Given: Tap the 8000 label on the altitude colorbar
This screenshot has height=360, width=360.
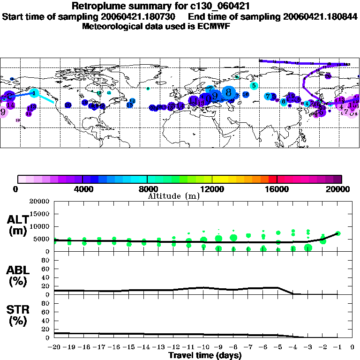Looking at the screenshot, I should click(147, 189).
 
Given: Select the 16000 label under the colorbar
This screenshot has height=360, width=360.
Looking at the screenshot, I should click(277, 189).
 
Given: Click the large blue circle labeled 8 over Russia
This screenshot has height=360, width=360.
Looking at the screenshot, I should click(229, 92).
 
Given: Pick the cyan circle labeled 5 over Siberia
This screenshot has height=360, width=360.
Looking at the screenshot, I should click(254, 86).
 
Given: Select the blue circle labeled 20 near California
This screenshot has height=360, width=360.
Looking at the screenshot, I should click(68, 105).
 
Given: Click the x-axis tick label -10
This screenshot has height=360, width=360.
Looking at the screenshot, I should click(203, 348).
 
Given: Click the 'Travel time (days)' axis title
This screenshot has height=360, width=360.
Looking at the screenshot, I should click(205, 356).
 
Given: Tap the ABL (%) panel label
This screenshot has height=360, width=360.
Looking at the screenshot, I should click(18, 277).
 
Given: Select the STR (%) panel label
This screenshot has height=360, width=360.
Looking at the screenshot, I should click(18, 320).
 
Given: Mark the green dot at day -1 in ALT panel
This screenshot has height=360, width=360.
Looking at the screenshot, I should click(338, 233).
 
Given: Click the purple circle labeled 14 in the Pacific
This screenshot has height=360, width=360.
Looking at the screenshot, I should click(11, 105).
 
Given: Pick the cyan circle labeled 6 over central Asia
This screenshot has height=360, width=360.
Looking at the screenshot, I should click(284, 101).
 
